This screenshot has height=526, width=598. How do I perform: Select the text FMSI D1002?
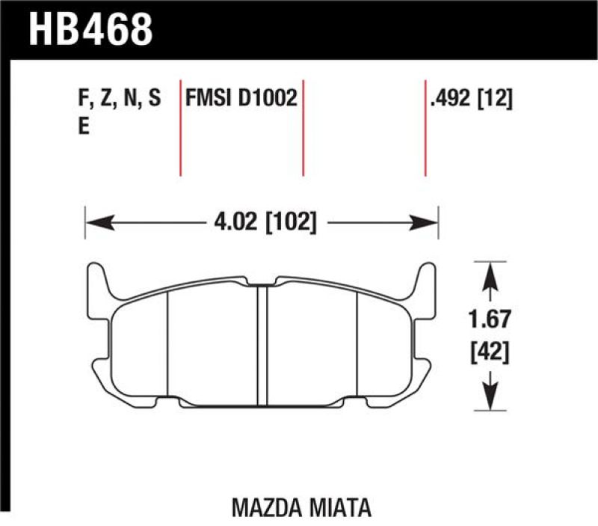[x=241, y=99]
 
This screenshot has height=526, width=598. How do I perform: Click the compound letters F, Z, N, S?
[x=118, y=99]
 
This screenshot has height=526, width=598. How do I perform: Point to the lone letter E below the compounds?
[x=83, y=126]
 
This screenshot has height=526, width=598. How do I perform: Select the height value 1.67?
[x=490, y=320]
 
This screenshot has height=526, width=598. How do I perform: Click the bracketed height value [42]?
[x=490, y=349]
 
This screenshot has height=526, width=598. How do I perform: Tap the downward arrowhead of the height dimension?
[x=490, y=397]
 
